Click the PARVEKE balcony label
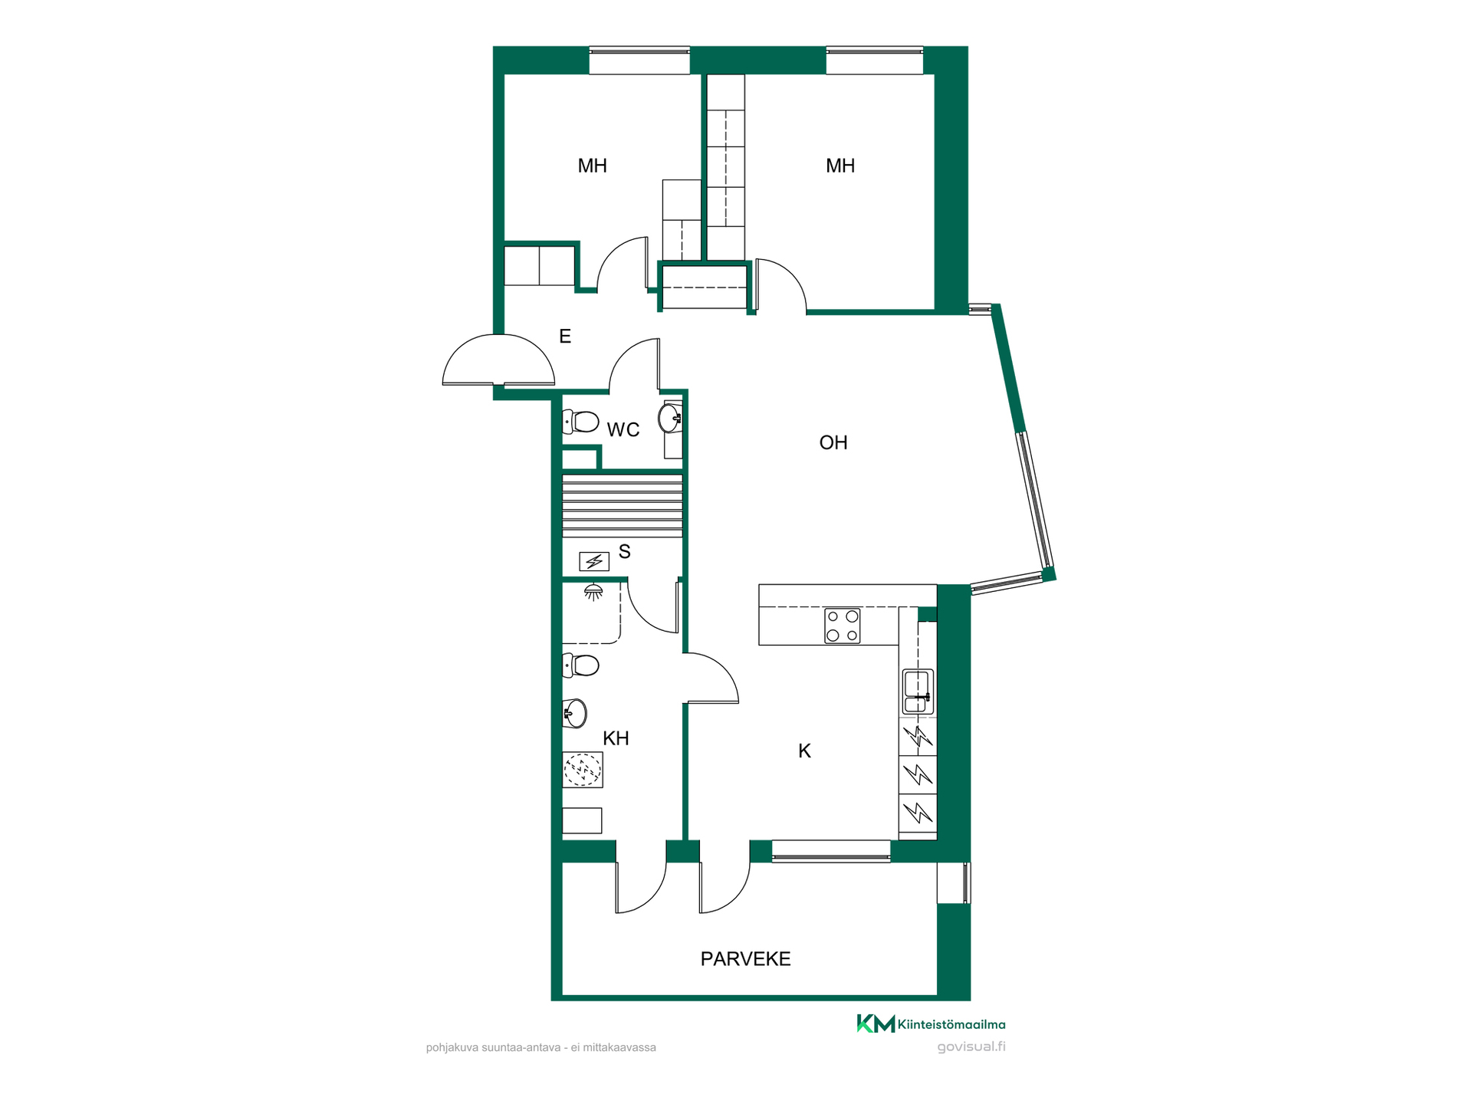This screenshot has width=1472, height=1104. [745, 959]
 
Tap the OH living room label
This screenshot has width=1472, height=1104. [833, 442]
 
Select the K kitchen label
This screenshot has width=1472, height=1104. [804, 751]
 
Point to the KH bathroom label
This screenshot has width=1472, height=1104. [616, 738]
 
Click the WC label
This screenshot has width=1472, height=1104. [623, 430]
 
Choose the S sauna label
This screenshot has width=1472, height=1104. [624, 551]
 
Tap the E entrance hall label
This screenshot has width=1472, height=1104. [565, 336]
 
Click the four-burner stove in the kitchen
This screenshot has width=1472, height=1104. [843, 626]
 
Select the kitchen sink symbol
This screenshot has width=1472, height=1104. [918, 692]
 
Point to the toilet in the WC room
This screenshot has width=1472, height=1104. [581, 422]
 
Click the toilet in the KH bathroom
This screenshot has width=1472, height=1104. [581, 665]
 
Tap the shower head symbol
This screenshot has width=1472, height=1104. [593, 592]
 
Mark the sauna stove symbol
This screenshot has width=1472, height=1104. [593, 562]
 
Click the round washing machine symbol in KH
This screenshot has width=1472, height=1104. [583, 770]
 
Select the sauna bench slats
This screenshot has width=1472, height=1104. [623, 506]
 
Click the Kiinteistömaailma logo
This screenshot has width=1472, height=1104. [931, 1024]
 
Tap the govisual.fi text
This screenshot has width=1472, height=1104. [971, 1047]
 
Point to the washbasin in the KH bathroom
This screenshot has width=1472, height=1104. [575, 713]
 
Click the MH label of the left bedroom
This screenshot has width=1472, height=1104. [592, 166]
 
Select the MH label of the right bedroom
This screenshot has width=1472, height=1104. [840, 166]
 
